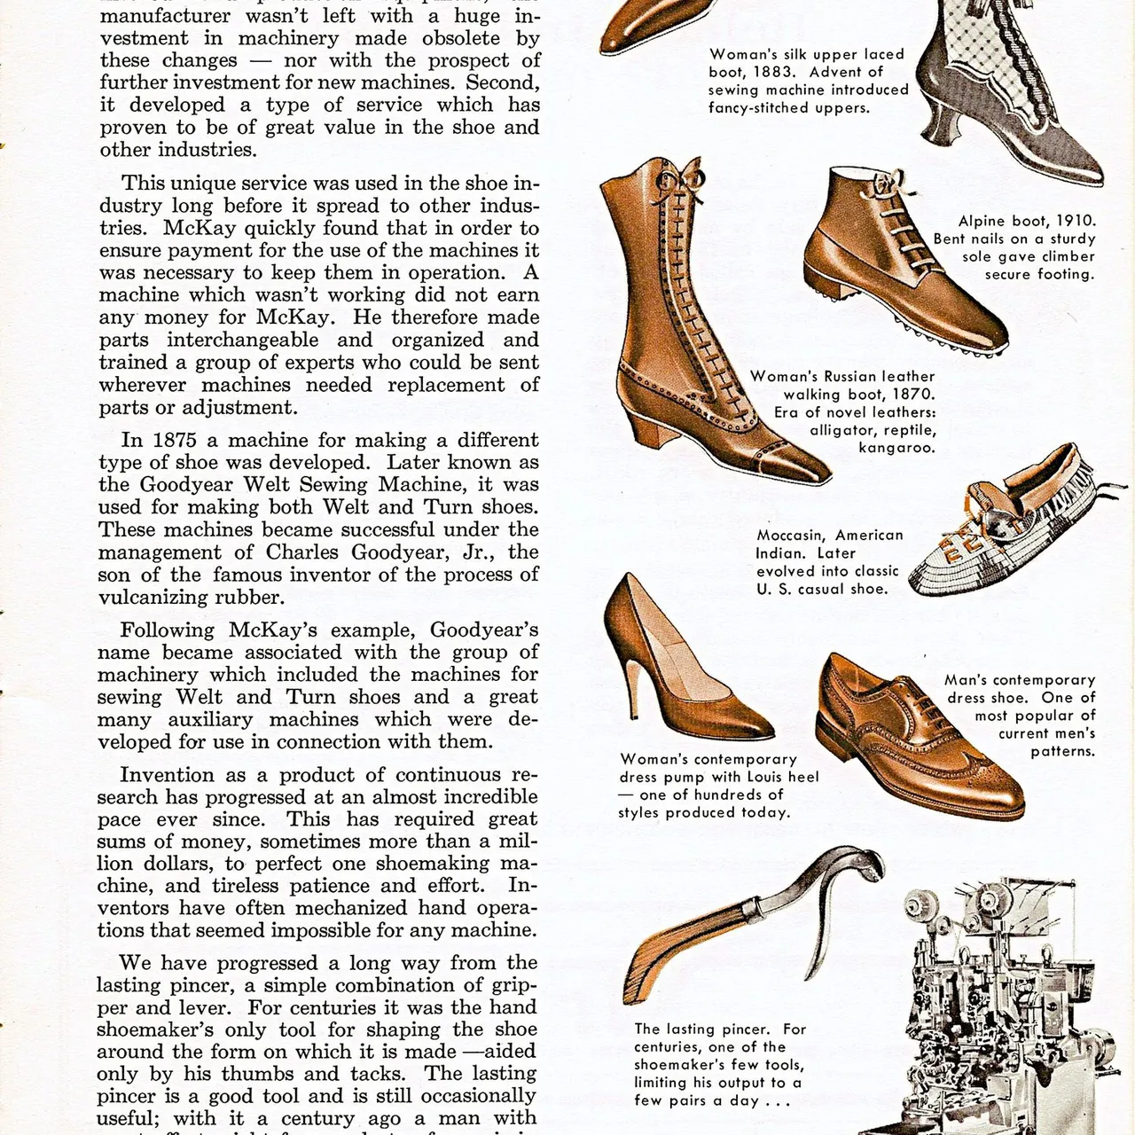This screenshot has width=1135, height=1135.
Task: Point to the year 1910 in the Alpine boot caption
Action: click(1075, 221)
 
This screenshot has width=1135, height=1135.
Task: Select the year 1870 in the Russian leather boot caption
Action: click(914, 394)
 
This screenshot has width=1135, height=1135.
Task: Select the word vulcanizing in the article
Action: click(156, 597)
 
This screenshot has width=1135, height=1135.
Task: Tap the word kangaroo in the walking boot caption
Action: click(896, 448)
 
